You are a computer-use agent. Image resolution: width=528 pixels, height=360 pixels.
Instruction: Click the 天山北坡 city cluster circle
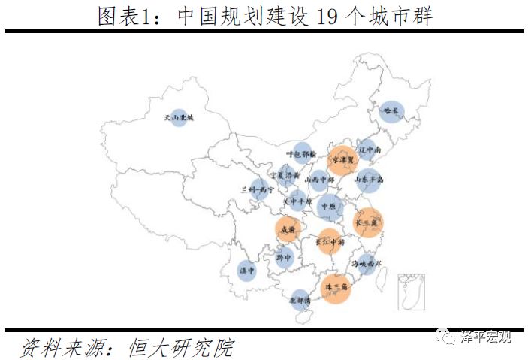tap(178, 118)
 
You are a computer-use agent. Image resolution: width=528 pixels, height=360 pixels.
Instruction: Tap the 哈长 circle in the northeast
tap(391, 112)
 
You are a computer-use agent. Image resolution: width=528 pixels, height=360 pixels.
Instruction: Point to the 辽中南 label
tap(369, 150)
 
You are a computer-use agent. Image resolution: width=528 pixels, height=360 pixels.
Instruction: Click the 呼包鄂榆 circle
tap(301, 153)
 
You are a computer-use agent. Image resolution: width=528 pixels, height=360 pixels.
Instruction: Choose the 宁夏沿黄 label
tap(286, 176)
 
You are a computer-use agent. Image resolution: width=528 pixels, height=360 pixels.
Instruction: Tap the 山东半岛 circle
tap(370, 180)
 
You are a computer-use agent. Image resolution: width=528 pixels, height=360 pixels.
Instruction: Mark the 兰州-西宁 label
tap(257, 190)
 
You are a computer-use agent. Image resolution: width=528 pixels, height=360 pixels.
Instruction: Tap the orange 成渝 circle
tap(288, 229)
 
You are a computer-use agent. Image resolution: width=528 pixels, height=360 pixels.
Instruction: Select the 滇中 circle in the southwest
tap(246, 271)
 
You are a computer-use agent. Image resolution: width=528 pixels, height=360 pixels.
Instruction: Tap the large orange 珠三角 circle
tap(336, 289)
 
